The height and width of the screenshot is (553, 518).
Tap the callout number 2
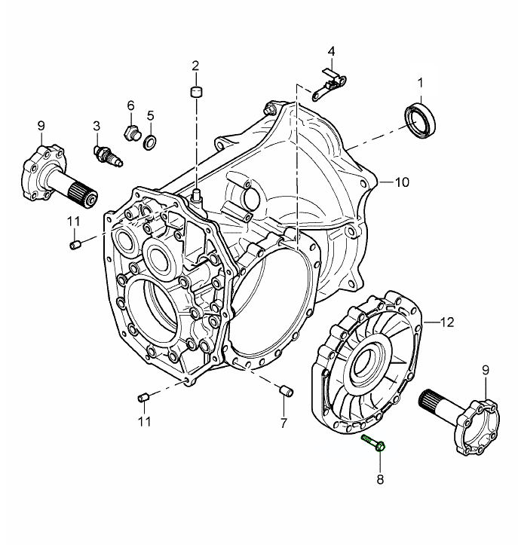pyautogui.click(x=195, y=66)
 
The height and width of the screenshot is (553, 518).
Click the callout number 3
pyautogui.click(x=97, y=124)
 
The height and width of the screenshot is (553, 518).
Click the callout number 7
pyautogui.click(x=284, y=423)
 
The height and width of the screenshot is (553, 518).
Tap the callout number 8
pyautogui.click(x=380, y=478)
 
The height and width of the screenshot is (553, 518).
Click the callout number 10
pyautogui.click(x=400, y=182)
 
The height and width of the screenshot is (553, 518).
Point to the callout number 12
pyautogui.click(x=446, y=322)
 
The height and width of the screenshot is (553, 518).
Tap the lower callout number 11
pyautogui.click(x=144, y=421)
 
